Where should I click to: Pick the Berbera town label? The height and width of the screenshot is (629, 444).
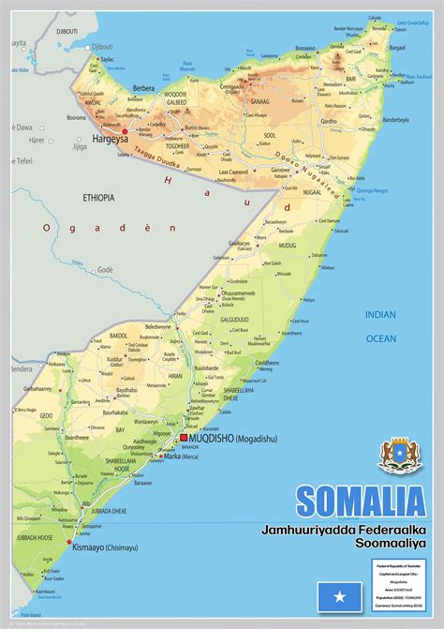pyautogui.click(x=144, y=87)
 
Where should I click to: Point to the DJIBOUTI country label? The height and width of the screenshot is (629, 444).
pyautogui.click(x=70, y=31)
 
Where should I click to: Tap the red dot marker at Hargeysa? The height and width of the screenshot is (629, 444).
pyautogui.click(x=125, y=130)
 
